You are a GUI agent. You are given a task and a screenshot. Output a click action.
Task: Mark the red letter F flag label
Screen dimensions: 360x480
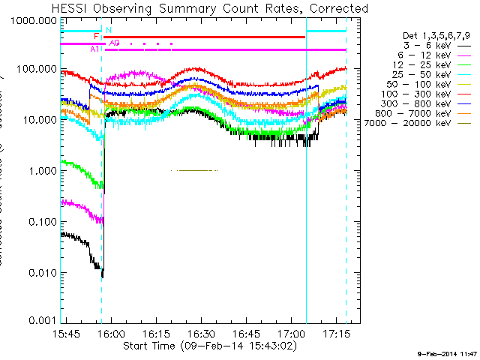[96, 36]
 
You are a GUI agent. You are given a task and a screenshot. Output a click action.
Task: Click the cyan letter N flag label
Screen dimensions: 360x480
[108, 30]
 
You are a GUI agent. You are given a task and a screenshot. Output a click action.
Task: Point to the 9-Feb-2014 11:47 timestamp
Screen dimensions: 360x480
[446, 352]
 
